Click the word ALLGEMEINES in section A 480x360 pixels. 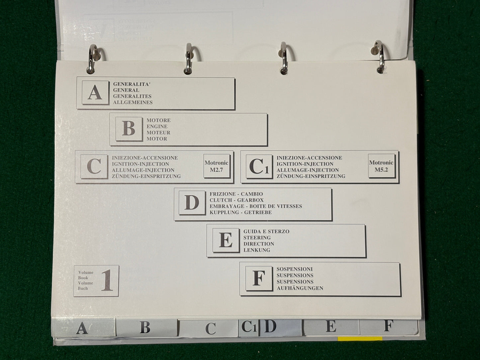[x=133, y=102]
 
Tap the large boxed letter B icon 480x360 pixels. [x=129, y=129]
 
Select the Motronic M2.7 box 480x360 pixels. [x=217, y=166]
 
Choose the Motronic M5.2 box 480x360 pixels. [x=381, y=166]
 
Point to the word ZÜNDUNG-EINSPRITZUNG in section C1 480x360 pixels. [x=311, y=176]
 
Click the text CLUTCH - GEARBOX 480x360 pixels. [x=237, y=200]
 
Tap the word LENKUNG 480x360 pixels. [x=257, y=250]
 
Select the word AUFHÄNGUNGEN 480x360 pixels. [x=300, y=288]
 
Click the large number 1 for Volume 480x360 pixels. [x=107, y=280]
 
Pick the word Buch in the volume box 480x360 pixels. [x=83, y=288]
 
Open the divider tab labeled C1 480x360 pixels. [x=248, y=328]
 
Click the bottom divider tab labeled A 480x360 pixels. [x=83, y=327]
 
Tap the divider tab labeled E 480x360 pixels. [x=331, y=327]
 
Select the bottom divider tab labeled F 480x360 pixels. [x=388, y=326]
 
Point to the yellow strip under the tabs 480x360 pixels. [x=360, y=338]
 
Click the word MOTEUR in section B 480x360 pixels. [x=158, y=133]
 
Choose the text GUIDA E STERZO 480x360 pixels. [x=266, y=231]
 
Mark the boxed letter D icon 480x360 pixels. [x=192, y=203]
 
